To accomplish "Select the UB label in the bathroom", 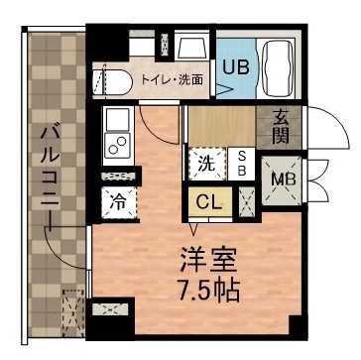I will pos(235,67).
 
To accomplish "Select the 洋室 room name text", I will pos(207,261).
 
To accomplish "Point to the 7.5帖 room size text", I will pos(207,291).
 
